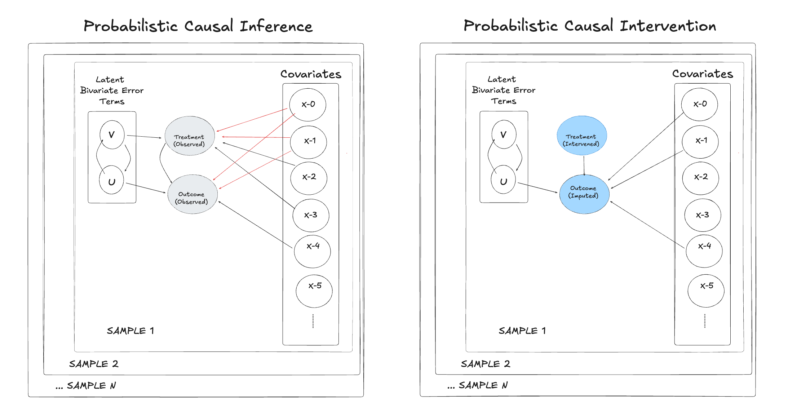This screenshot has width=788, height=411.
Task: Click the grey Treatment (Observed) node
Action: (190, 136)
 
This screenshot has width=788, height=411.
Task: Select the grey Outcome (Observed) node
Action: (192, 195)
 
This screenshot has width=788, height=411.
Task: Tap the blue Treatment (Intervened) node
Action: (581, 136)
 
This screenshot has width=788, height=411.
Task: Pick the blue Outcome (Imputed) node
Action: (584, 194)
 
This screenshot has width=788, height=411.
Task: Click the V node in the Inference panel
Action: (112, 135)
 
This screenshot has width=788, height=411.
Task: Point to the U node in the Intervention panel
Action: (503, 180)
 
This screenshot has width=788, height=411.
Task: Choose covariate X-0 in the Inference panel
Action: (308, 105)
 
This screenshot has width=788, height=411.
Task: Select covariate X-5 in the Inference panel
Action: (314, 291)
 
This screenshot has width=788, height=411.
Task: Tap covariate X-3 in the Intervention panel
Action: (702, 215)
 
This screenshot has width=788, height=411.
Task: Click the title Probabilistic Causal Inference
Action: (198, 26)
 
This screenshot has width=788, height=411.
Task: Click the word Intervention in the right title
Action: (668, 26)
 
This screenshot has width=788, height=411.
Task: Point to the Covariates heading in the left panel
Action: (311, 74)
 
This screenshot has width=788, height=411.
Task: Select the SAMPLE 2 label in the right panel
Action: (485, 364)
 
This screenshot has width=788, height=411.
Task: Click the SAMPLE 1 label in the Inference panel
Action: (130, 331)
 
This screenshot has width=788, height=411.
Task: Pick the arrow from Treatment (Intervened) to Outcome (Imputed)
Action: (584, 165)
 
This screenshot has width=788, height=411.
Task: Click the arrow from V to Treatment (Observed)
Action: (144, 137)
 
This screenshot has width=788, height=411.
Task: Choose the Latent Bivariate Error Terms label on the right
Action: (504, 90)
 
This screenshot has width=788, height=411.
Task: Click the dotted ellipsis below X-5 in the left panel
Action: (313, 321)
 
